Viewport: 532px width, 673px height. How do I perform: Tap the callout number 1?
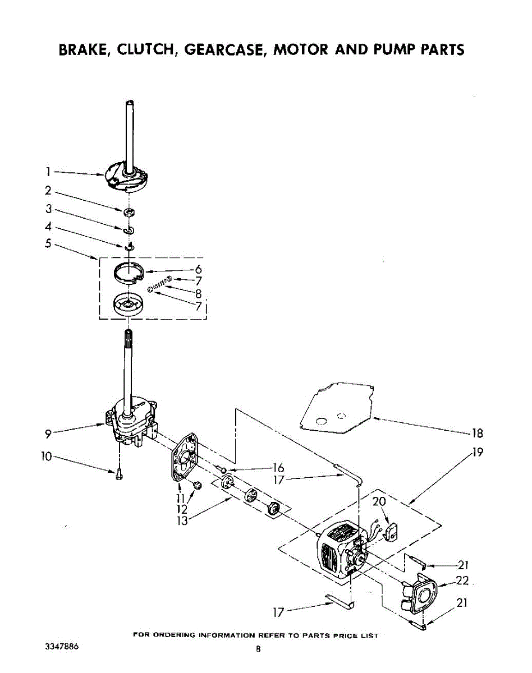point(49,172)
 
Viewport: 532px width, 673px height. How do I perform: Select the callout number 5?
point(49,243)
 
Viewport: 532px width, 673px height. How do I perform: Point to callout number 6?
point(198,269)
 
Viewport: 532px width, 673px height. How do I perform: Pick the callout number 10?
point(47,457)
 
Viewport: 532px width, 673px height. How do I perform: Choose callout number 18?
point(477,432)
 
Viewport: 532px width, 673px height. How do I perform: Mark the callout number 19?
point(478,453)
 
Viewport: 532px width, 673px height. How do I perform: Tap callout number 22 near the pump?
point(462,581)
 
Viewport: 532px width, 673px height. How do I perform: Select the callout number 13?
point(181,519)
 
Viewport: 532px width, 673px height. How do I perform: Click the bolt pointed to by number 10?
point(119,474)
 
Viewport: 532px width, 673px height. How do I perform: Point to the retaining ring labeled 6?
point(129,273)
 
